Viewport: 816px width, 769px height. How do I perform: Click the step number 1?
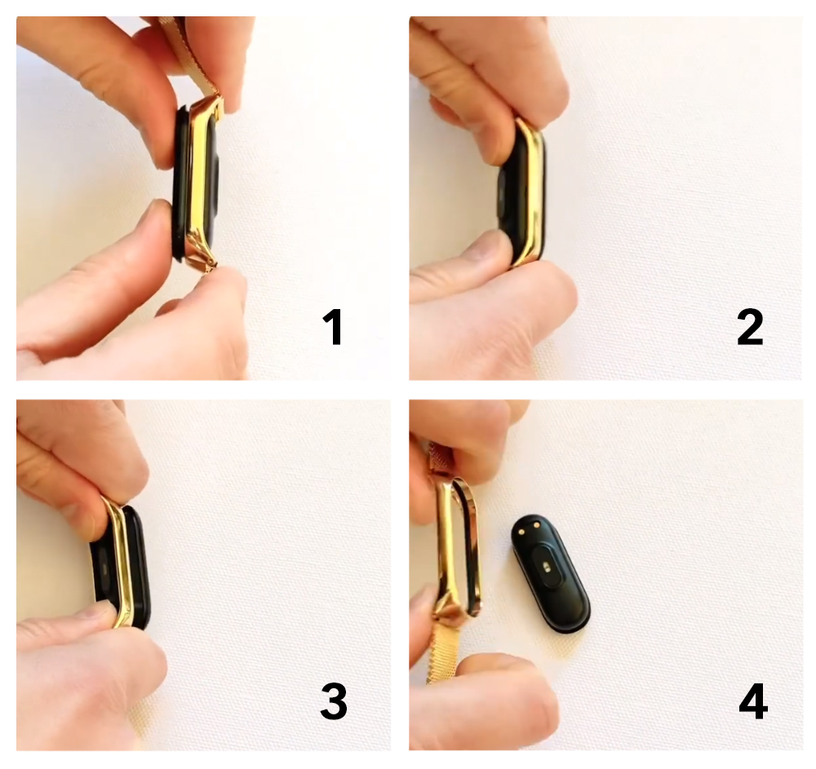(x=333, y=327)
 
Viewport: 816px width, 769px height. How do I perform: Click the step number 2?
(x=750, y=327)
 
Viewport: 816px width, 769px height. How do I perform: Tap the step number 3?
(x=334, y=701)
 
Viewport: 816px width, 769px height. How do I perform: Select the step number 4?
(x=753, y=701)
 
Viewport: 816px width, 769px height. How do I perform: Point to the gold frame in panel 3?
(x=121, y=562)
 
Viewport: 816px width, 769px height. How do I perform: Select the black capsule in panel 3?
(x=125, y=567)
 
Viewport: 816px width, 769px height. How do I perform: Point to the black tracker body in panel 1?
(x=195, y=182)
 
